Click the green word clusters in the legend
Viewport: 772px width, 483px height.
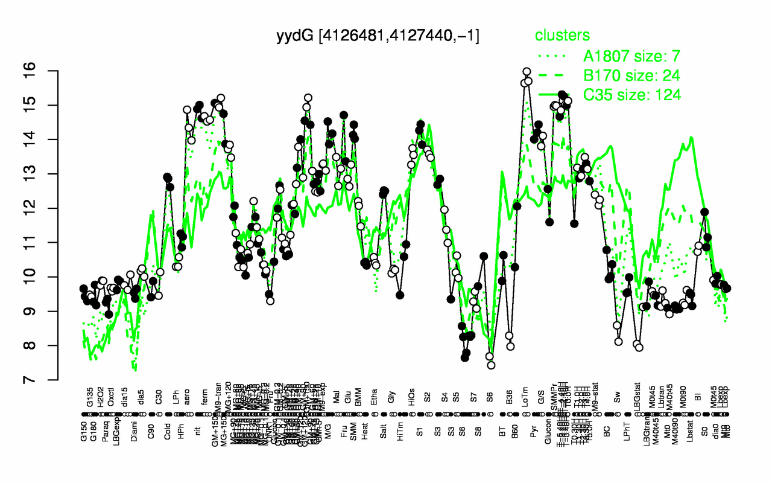coord(563,36)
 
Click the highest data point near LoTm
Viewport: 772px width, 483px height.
coord(526,72)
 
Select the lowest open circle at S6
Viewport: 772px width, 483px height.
coord(491,365)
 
